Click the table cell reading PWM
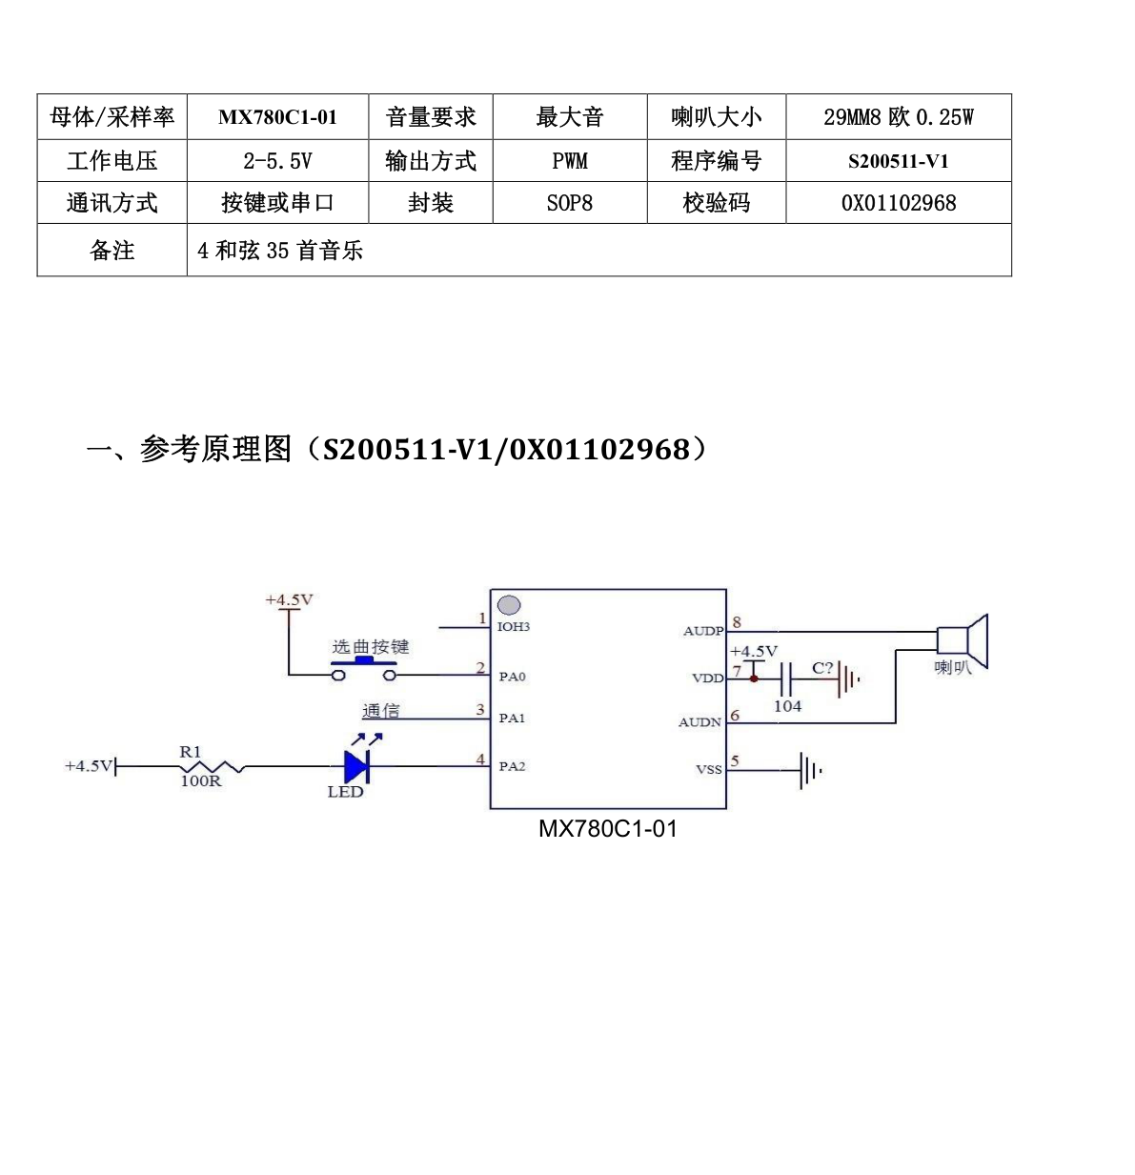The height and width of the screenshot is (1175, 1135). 569,161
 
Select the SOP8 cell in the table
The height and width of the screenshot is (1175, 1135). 569,203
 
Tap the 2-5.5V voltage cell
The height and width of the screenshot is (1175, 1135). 277,161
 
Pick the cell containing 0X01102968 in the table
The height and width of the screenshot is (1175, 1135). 899,203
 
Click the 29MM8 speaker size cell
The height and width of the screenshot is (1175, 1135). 899,116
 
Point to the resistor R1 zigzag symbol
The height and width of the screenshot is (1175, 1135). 212,767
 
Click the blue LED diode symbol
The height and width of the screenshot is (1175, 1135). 356,766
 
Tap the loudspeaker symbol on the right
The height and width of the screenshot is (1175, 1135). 963,641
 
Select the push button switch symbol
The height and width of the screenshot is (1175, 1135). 364,669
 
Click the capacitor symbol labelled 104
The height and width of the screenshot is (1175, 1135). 785,679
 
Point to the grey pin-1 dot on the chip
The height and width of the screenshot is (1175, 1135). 508,604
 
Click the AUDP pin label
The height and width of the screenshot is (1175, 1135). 703,631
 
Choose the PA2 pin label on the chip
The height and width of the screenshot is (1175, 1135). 512,766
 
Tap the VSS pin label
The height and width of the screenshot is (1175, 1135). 709,769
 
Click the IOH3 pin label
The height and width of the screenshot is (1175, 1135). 513,626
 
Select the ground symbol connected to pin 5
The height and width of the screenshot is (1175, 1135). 810,770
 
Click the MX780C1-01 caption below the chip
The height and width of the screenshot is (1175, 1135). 607,829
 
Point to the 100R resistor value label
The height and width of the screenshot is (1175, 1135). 201,780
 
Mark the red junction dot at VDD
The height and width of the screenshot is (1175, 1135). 754,679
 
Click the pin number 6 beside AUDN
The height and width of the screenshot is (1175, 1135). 735,715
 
